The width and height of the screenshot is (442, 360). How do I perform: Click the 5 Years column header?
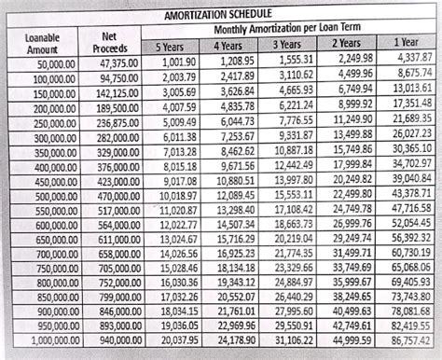coord(170,47)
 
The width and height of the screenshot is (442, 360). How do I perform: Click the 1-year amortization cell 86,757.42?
coord(411,343)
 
